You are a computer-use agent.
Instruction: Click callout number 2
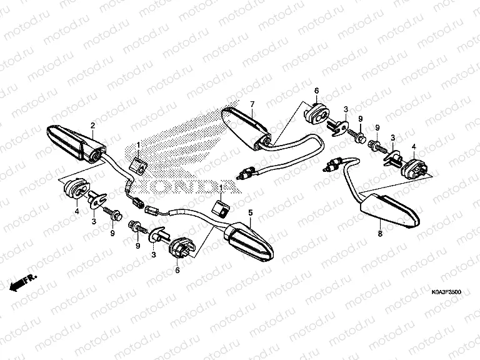[92, 126]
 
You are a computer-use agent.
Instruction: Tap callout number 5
[250, 212]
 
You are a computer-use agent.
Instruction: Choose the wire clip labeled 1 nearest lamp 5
[221, 208]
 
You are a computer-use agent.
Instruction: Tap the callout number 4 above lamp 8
[412, 147]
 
